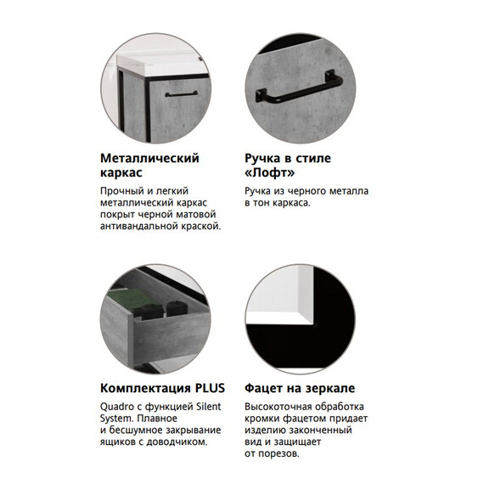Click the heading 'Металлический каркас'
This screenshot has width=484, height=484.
[149, 165]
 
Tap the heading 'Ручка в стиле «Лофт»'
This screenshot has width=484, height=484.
[287, 165]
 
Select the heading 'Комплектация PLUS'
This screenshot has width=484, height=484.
[160, 387]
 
